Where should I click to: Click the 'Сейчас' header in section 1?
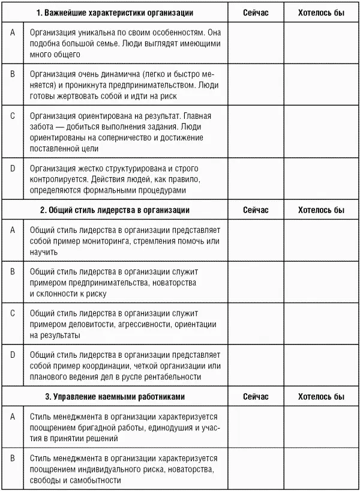[x=256, y=13]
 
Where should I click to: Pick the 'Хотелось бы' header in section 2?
[x=322, y=210]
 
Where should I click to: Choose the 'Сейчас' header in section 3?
[x=256, y=397]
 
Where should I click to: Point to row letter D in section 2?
[x=13, y=354]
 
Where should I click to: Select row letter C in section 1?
[x=13, y=115]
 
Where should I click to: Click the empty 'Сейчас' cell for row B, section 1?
[x=256, y=84]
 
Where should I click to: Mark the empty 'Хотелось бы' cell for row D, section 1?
[x=322, y=179]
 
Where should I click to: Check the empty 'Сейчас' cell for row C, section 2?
[x=256, y=324]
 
